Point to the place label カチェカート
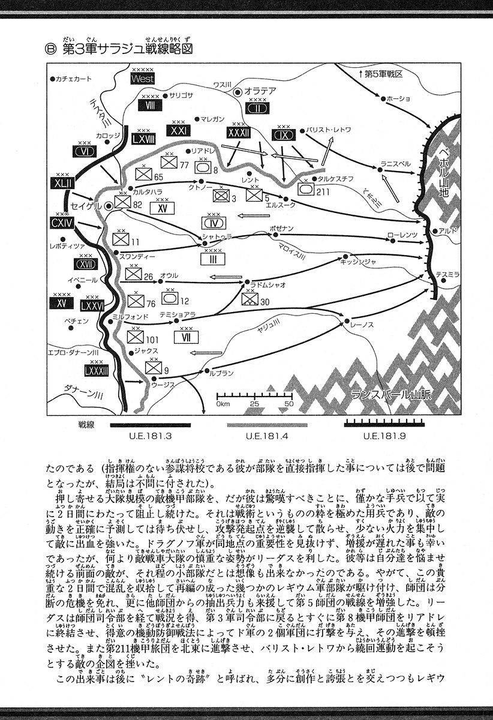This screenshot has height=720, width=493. pos(74,79)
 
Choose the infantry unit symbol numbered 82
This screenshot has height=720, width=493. pos(122,203)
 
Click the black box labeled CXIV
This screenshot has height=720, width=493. pos(62,224)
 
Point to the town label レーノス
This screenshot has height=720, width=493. pos(365,325)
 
